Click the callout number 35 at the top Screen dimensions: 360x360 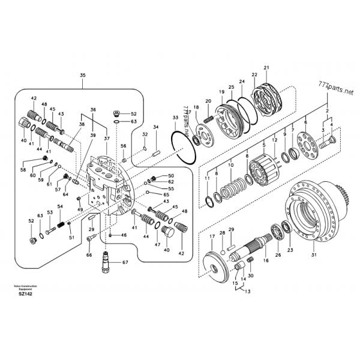tap(83, 75)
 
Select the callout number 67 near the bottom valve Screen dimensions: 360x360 tap(125, 262)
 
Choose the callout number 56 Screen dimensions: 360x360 tap(123, 146)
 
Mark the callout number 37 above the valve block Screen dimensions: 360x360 tap(106, 139)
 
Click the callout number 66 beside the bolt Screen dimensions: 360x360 tap(89, 256)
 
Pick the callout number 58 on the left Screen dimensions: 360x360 tap(23, 170)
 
